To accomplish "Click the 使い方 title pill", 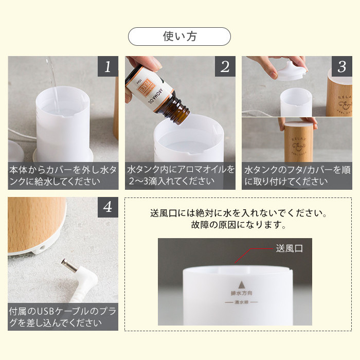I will pyautogui.click(x=179, y=37).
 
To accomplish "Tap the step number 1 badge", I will pyautogui.click(x=107, y=66).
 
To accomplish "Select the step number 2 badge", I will pyautogui.click(x=225, y=66).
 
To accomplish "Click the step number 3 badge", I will pyautogui.click(x=341, y=66).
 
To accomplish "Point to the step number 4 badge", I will pyautogui.click(x=107, y=207).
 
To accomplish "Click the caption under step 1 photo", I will pyautogui.click(x=63, y=175).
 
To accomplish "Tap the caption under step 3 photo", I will pyautogui.click(x=297, y=175).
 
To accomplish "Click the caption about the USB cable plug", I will pyautogui.click(x=63, y=317).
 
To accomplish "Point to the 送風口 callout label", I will pyautogui.click(x=290, y=248).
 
